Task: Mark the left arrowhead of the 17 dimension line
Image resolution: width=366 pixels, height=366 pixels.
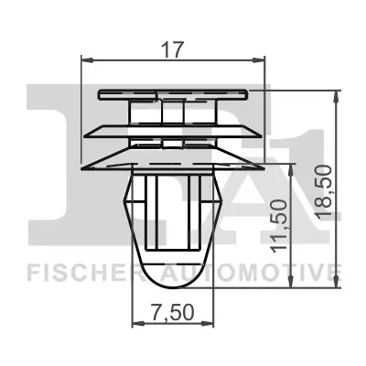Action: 88,60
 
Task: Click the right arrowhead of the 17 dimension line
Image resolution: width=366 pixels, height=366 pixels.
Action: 261,60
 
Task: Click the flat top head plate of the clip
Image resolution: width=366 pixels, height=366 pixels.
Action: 173,93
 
